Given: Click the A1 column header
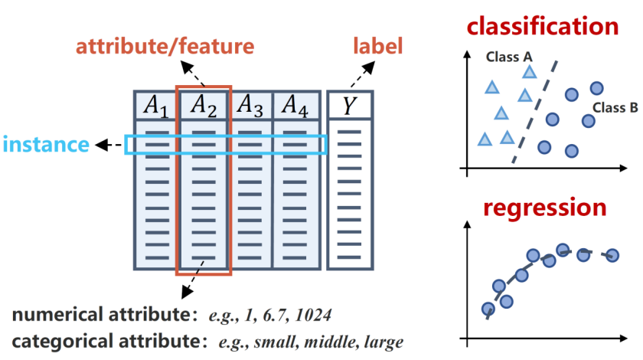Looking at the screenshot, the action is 156,106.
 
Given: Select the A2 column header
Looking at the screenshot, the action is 204,106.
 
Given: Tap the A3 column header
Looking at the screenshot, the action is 250,106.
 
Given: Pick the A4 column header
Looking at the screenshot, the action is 295,106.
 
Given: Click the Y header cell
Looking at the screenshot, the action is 350,106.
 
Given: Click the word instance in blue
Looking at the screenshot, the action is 46,145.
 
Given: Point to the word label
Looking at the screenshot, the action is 377,45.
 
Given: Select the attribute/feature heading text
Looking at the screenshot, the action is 165,46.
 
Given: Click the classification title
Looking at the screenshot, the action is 543,26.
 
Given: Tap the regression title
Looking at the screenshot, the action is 544,208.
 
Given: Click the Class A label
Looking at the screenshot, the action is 509,57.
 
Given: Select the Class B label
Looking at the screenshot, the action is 615,107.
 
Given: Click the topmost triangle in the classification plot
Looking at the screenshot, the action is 530,72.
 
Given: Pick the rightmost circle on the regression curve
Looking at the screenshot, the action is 612,255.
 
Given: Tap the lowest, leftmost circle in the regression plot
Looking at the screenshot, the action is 488,309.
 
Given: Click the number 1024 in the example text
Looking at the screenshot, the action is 313,316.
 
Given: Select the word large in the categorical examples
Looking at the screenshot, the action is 384,342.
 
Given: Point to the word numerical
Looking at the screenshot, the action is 58,315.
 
